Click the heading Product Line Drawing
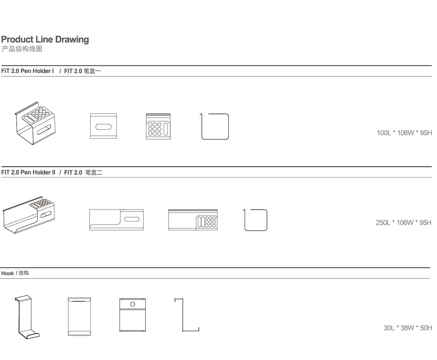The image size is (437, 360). coord(45,40)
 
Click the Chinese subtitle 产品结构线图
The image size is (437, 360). coord(22,49)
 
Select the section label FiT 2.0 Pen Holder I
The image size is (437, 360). coord(27,71)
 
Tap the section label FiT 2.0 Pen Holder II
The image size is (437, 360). coord(28,172)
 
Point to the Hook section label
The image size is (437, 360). coord(7,273)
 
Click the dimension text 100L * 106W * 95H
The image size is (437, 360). coord(404,133)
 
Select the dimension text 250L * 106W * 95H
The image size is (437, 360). coord(404,223)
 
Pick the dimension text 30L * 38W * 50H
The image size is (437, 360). coord(408,328)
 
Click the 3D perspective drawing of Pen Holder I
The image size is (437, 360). coord(35,123)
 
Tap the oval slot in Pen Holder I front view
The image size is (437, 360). coord(103,127)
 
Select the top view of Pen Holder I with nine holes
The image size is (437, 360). coord(158,126)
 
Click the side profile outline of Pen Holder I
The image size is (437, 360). coord(201,126)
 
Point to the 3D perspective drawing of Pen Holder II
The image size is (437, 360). coord(29,215)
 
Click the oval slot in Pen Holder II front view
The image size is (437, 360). coord(132,219)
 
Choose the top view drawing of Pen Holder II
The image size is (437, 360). coord(193,220)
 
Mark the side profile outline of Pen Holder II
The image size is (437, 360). coord(245,220)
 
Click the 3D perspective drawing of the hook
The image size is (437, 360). coord(27,317)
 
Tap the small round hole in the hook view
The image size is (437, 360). coord(133,304)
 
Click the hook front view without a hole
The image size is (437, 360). coord(79,317)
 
